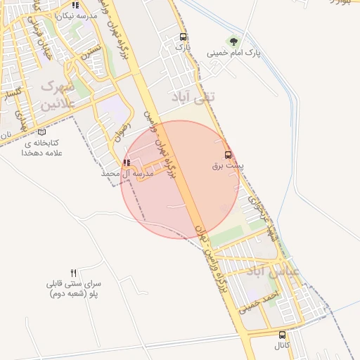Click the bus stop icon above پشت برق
coord(227,155)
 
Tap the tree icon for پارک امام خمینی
coord(233,41)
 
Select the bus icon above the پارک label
coord(184,37)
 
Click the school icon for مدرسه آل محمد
coord(127,162)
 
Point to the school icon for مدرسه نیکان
coord(75,6)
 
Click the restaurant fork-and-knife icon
coord(73,272)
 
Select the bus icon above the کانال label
coord(283,335)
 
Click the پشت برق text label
coord(226,167)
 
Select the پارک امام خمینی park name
coord(232,53)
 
